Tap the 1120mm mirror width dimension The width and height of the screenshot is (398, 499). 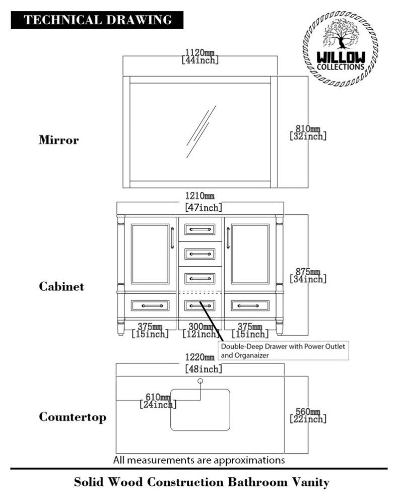point(200,56)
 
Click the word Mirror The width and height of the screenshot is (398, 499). point(59,140)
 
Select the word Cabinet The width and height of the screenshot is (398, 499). point(61,287)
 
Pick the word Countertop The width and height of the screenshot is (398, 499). point(73,417)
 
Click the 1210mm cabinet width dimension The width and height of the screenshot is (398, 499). point(200,202)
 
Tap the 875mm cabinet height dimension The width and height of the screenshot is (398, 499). point(308,275)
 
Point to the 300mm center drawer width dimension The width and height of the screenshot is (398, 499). point(200,330)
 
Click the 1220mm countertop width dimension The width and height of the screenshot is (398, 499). point(200,363)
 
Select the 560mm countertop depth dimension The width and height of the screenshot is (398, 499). point(308,415)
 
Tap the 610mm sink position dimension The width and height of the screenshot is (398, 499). point(158,401)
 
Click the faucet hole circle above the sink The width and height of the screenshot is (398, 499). point(200,381)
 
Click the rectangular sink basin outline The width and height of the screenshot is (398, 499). point(200,410)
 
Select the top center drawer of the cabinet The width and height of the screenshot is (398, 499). point(200,230)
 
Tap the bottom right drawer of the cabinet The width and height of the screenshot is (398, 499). point(250,305)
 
